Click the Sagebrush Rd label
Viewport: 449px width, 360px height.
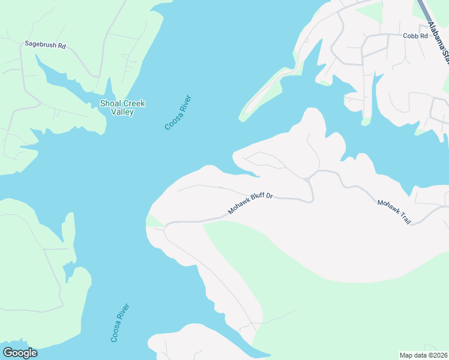pos(44,44)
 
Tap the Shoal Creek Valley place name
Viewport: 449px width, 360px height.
pos(122,107)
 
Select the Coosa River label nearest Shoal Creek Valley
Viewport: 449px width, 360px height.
pos(178,112)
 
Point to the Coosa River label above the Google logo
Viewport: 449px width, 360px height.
pos(120,323)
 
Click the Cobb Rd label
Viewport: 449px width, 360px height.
pos(415,36)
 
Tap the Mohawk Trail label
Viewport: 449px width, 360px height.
pos(394,212)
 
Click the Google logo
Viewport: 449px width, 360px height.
pos(20,353)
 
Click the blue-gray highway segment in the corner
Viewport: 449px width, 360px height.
pos(425,11)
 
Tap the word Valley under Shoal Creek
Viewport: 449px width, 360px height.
pos(122,112)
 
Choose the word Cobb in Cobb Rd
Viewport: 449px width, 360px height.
pos(411,36)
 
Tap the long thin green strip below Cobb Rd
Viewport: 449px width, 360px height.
pos(263,95)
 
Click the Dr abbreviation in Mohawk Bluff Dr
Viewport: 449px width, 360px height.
pos(270,196)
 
